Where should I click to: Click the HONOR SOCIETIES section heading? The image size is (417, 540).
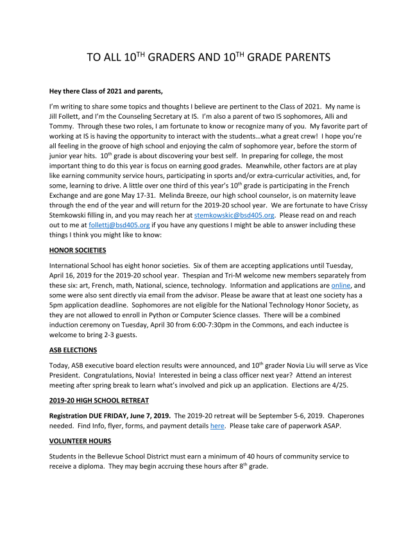(78, 250)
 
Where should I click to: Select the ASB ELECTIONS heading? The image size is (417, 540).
(73, 350)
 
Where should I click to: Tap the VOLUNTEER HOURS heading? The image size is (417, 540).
(80, 441)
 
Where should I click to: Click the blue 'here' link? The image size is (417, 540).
(217, 425)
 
